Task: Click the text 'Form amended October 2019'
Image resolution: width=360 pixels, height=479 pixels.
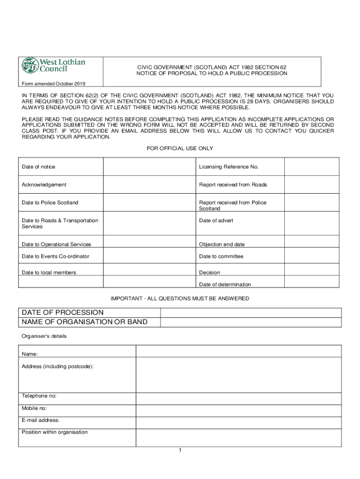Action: tap(53, 84)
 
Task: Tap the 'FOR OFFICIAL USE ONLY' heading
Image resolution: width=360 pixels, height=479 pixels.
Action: tap(180, 148)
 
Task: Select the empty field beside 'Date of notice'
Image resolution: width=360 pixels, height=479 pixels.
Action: tap(149, 167)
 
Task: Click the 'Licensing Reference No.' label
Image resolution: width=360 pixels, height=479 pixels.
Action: tap(229, 167)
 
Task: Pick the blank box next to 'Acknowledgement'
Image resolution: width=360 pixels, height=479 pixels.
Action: tap(149, 185)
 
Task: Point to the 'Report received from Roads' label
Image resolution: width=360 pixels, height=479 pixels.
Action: tap(233, 185)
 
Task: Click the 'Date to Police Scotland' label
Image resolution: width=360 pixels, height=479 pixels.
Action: tap(50, 203)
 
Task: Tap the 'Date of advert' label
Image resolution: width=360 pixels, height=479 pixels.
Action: tap(216, 220)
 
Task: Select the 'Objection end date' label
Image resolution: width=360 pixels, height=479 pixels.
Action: tap(222, 244)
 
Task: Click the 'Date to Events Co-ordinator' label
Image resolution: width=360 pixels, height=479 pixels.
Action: tap(56, 256)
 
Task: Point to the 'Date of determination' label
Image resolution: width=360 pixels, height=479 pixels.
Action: tap(225, 284)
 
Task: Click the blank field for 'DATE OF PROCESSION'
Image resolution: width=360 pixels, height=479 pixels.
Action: tap(252, 312)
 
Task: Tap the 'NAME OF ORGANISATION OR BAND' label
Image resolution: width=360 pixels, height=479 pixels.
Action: tap(85, 322)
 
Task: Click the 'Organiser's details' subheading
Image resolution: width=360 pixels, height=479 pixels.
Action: tap(44, 336)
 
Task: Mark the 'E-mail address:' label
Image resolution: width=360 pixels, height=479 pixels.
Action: tap(41, 420)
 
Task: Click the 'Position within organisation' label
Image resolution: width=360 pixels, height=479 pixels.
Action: tap(55, 432)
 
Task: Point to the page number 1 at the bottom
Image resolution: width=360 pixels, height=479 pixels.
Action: tap(180, 450)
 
